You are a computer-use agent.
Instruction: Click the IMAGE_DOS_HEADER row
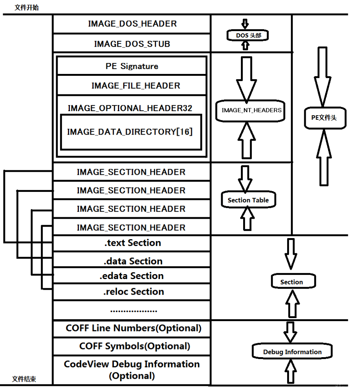click(132, 24)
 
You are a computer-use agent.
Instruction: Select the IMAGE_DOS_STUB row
click(132, 44)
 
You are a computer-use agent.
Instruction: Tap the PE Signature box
click(132, 66)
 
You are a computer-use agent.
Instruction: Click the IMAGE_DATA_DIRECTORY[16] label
click(130, 132)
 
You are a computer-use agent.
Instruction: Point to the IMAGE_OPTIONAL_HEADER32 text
click(130, 108)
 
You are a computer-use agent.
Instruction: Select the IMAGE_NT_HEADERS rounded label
click(252, 110)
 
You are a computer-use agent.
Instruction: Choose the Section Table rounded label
click(248, 200)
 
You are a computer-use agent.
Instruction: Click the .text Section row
click(132, 243)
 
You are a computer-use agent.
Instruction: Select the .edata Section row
click(132, 276)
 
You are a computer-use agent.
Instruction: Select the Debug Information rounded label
click(292, 352)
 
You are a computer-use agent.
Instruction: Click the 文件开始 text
click(27, 8)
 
